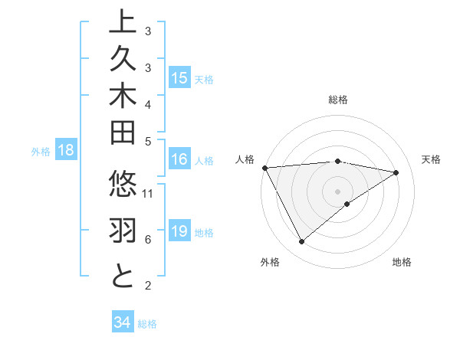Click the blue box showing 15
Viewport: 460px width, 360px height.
click(179, 78)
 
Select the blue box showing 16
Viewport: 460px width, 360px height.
click(179, 160)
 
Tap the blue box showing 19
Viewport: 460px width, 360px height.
click(179, 232)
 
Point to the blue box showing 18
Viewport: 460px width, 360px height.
click(65, 151)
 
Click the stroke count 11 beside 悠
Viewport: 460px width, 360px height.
click(149, 193)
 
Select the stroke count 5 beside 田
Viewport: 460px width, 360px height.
click(148, 141)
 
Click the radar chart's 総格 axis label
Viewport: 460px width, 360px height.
click(338, 100)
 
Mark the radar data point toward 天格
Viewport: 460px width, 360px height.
click(396, 172)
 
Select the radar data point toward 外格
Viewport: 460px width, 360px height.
click(301, 242)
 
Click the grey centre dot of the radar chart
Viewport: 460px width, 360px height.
click(338, 191)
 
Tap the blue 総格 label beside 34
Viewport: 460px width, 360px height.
click(147, 324)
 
